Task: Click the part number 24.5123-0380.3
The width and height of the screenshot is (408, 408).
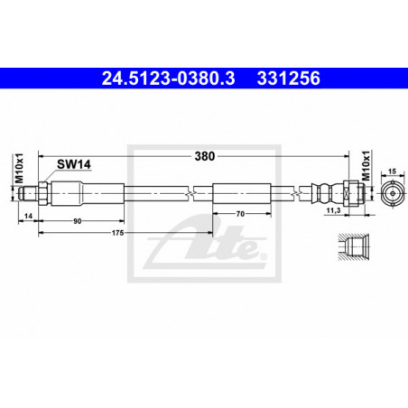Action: point(168,79)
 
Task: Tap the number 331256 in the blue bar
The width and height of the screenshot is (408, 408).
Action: point(289,79)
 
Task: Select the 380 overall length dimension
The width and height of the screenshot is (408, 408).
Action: point(205,156)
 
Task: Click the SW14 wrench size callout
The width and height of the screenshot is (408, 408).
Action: point(74,164)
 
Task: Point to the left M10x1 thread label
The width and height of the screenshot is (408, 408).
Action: point(19,168)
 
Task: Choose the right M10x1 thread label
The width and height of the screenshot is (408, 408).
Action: point(366,166)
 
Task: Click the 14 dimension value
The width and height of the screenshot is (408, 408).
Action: point(28,216)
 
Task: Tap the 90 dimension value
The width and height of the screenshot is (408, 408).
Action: point(78,221)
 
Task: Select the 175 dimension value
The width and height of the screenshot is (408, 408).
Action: point(117,233)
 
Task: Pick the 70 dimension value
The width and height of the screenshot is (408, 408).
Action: point(240,214)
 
